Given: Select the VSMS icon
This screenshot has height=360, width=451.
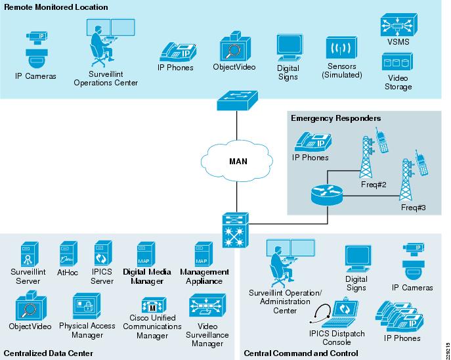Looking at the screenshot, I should click(x=395, y=27).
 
